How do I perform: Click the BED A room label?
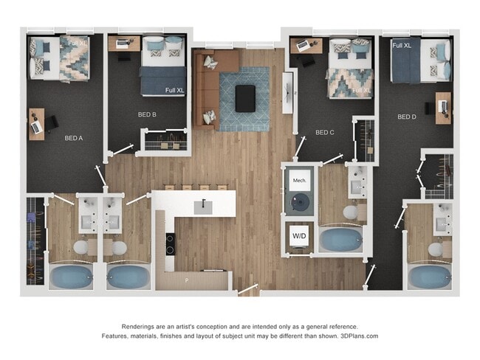click(x=73, y=137)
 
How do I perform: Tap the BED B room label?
click(x=147, y=114)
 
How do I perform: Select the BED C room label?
click(x=325, y=133)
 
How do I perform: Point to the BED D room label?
click(x=407, y=117)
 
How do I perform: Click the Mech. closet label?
click(x=300, y=181)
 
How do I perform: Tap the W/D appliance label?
click(x=300, y=237)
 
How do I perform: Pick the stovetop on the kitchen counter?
click(x=170, y=243)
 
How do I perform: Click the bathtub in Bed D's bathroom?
click(x=429, y=277)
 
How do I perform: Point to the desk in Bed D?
click(x=443, y=107)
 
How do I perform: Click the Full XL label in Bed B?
click(x=175, y=90)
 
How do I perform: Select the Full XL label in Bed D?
click(x=402, y=46)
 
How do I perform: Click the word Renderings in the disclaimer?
click(x=144, y=326)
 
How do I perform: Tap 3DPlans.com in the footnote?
click(x=360, y=336)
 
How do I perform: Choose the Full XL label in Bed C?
click(x=362, y=90)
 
